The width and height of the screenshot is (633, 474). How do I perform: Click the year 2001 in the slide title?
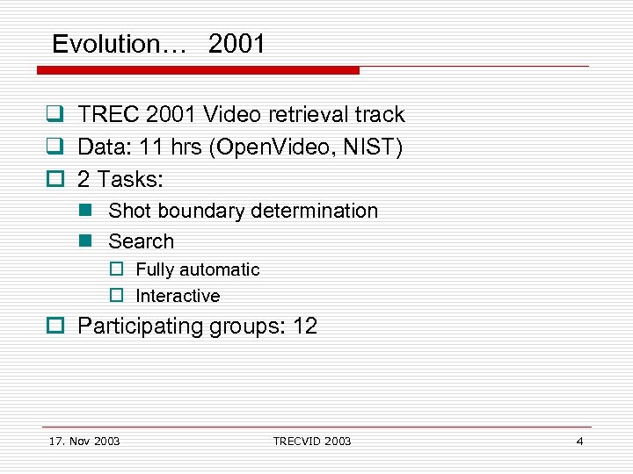click(236, 44)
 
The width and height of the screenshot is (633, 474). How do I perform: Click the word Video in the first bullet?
click(229, 115)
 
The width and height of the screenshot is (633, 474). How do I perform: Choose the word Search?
click(141, 241)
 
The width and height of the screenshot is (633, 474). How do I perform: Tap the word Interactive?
click(178, 297)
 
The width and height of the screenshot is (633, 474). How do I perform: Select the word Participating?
click(140, 327)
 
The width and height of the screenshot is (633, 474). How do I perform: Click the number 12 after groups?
click(304, 327)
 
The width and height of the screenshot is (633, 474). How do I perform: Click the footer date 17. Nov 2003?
click(84, 441)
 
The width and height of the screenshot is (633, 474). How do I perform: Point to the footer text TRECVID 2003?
click(311, 441)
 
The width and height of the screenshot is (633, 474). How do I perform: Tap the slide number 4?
click(579, 441)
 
